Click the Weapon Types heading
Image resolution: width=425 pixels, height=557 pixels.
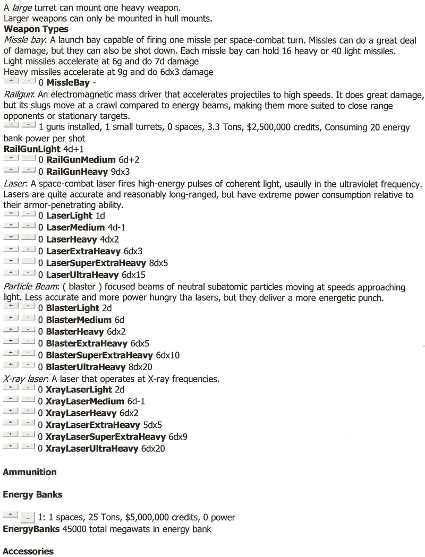pos(36,28)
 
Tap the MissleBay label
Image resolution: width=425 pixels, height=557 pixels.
pos(67,82)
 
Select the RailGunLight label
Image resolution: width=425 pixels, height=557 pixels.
pos(32,149)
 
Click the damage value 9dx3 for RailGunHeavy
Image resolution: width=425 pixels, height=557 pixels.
pos(120,171)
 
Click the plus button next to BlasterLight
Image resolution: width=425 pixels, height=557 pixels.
pos(11,307)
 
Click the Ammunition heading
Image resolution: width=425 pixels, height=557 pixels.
pos(30,472)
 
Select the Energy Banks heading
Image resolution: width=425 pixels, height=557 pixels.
pos(33,494)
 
